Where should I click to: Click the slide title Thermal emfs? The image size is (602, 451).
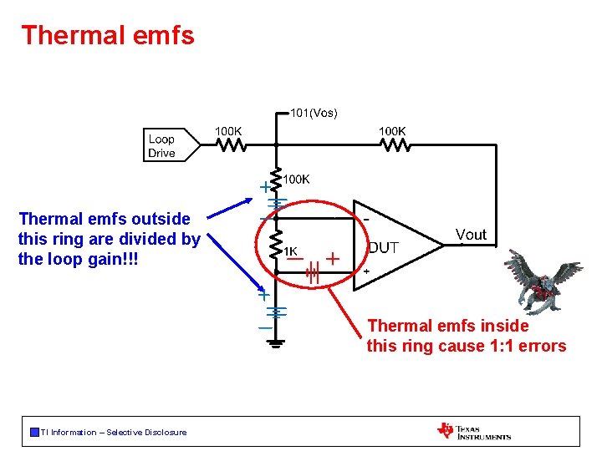pyautogui.click(x=108, y=35)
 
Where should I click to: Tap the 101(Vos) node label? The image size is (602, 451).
pyautogui.click(x=314, y=113)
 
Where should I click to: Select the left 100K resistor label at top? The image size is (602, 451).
pyautogui.click(x=229, y=131)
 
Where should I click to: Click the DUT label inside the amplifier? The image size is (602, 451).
pyautogui.click(x=384, y=248)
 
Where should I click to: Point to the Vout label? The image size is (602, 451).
pyautogui.click(x=471, y=235)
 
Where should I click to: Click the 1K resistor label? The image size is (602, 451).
pyautogui.click(x=290, y=251)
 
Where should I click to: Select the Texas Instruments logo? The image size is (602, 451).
pyautogui.click(x=473, y=431)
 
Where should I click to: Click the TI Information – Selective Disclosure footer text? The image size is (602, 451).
pyautogui.click(x=114, y=432)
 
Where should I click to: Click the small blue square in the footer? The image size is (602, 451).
pyautogui.click(x=34, y=432)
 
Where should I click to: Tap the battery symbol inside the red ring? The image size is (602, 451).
pyautogui.click(x=313, y=272)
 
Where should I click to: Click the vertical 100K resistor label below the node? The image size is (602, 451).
pyautogui.click(x=298, y=179)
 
